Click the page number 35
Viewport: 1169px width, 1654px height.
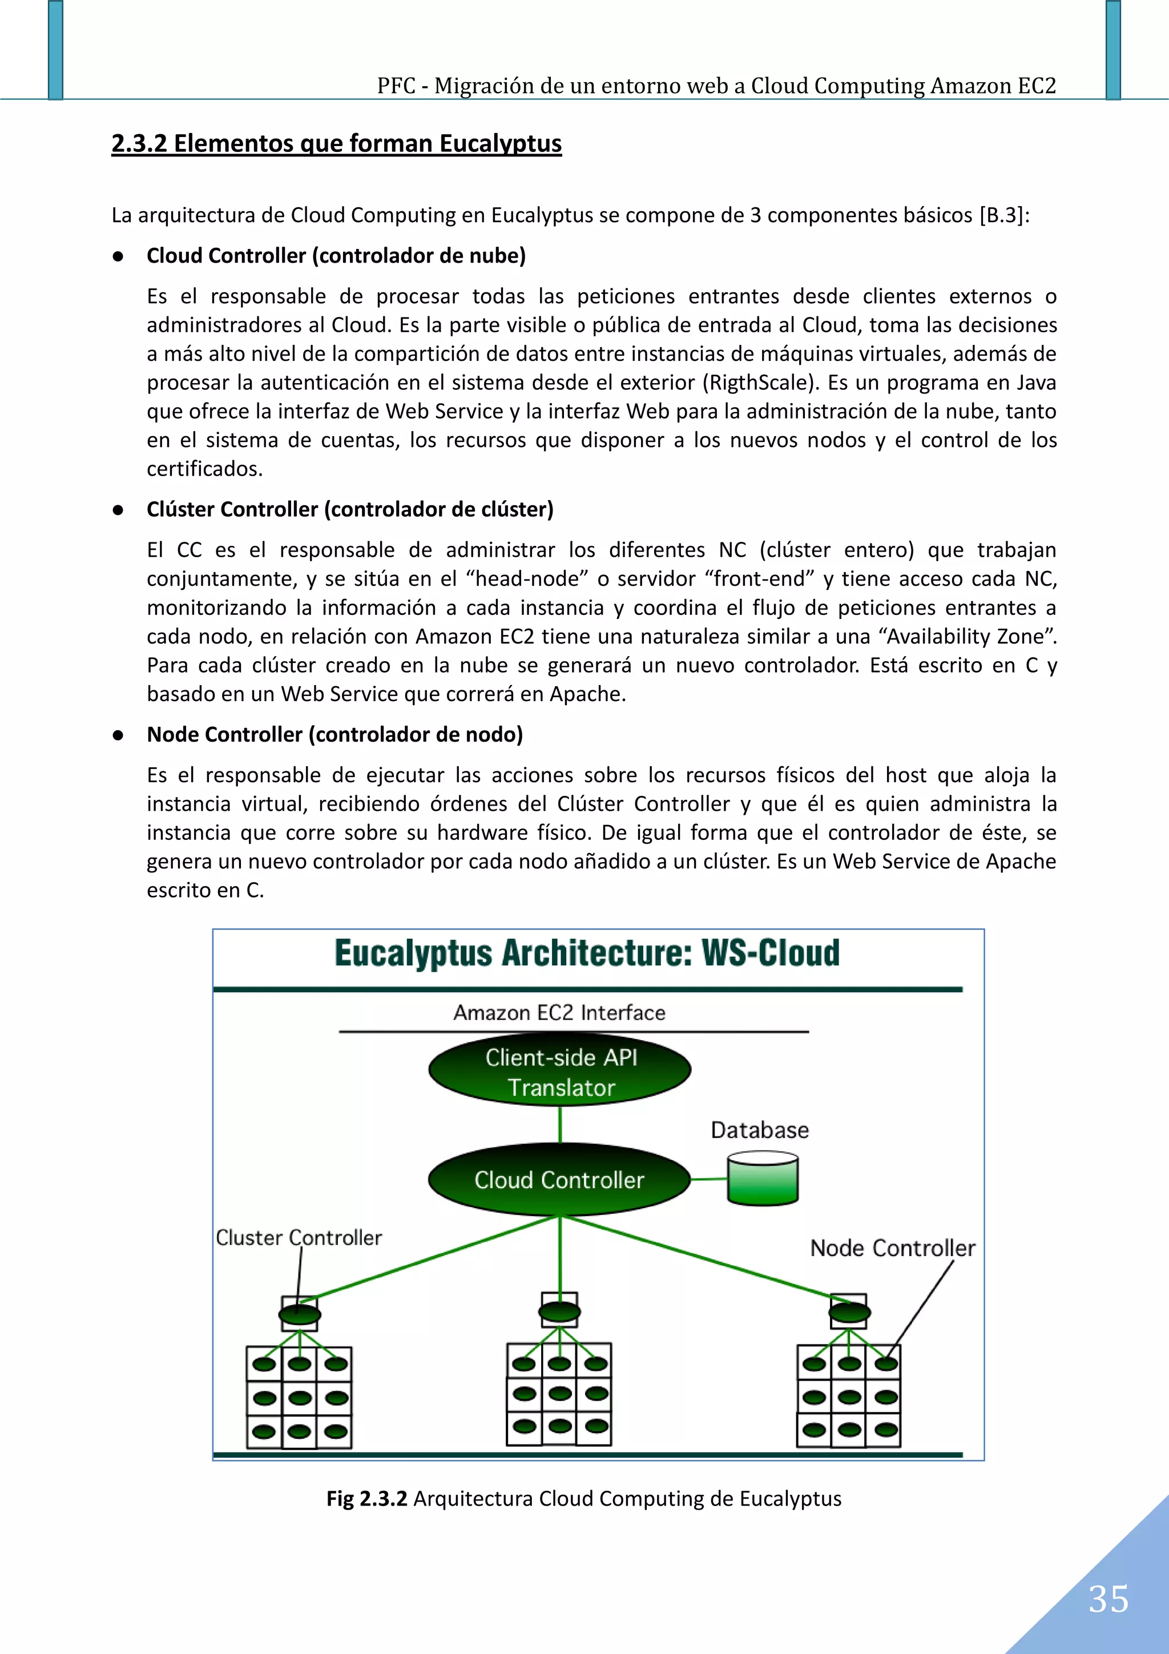click(1108, 1600)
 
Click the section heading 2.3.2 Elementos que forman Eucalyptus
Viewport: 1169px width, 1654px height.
click(336, 143)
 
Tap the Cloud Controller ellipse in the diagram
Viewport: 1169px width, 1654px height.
click(559, 1180)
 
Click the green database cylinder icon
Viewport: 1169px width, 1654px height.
click(763, 1178)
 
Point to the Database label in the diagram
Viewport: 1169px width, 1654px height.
click(759, 1129)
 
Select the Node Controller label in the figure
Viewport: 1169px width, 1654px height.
click(892, 1247)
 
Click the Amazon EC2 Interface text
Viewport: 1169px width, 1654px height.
click(559, 1013)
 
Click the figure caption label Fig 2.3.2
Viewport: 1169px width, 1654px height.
click(366, 1498)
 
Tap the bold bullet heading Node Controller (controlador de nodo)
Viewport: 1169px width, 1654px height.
click(335, 734)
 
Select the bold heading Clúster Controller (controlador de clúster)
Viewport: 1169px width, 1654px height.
click(350, 509)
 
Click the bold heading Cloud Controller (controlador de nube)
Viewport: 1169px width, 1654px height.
click(336, 256)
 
